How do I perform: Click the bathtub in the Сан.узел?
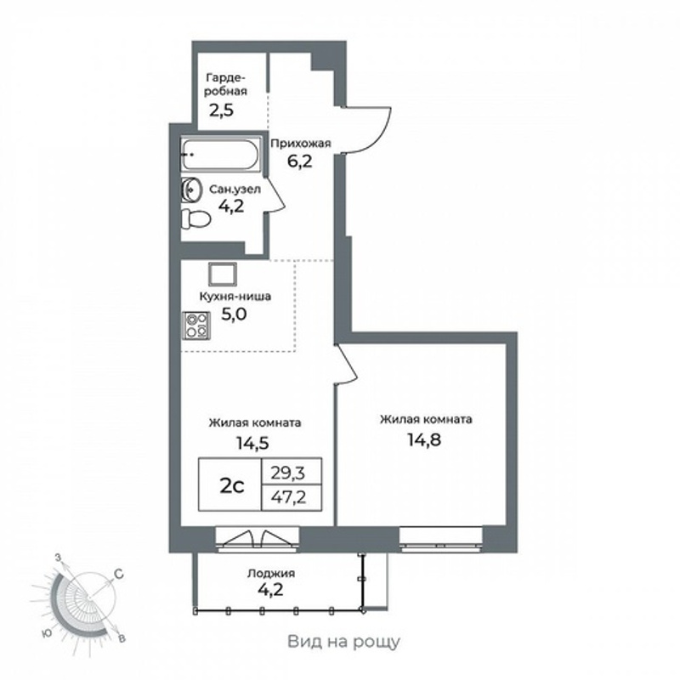(x=221, y=155)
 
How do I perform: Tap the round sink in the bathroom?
(x=191, y=190)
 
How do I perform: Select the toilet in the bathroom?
(x=196, y=219)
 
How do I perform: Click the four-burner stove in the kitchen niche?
(x=196, y=326)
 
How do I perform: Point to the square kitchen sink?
(x=223, y=274)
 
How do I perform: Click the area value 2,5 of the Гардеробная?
(x=221, y=110)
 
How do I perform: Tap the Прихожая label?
(x=301, y=144)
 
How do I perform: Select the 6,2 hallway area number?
(x=300, y=161)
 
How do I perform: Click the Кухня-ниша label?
(x=235, y=297)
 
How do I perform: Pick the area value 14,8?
(x=424, y=439)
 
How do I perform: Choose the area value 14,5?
(x=252, y=443)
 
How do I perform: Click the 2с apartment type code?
(x=231, y=486)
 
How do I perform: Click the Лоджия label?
(x=271, y=573)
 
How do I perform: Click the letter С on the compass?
(x=119, y=575)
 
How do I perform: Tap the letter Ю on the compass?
(x=48, y=633)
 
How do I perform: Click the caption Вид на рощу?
(x=344, y=642)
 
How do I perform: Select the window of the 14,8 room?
(x=441, y=540)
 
